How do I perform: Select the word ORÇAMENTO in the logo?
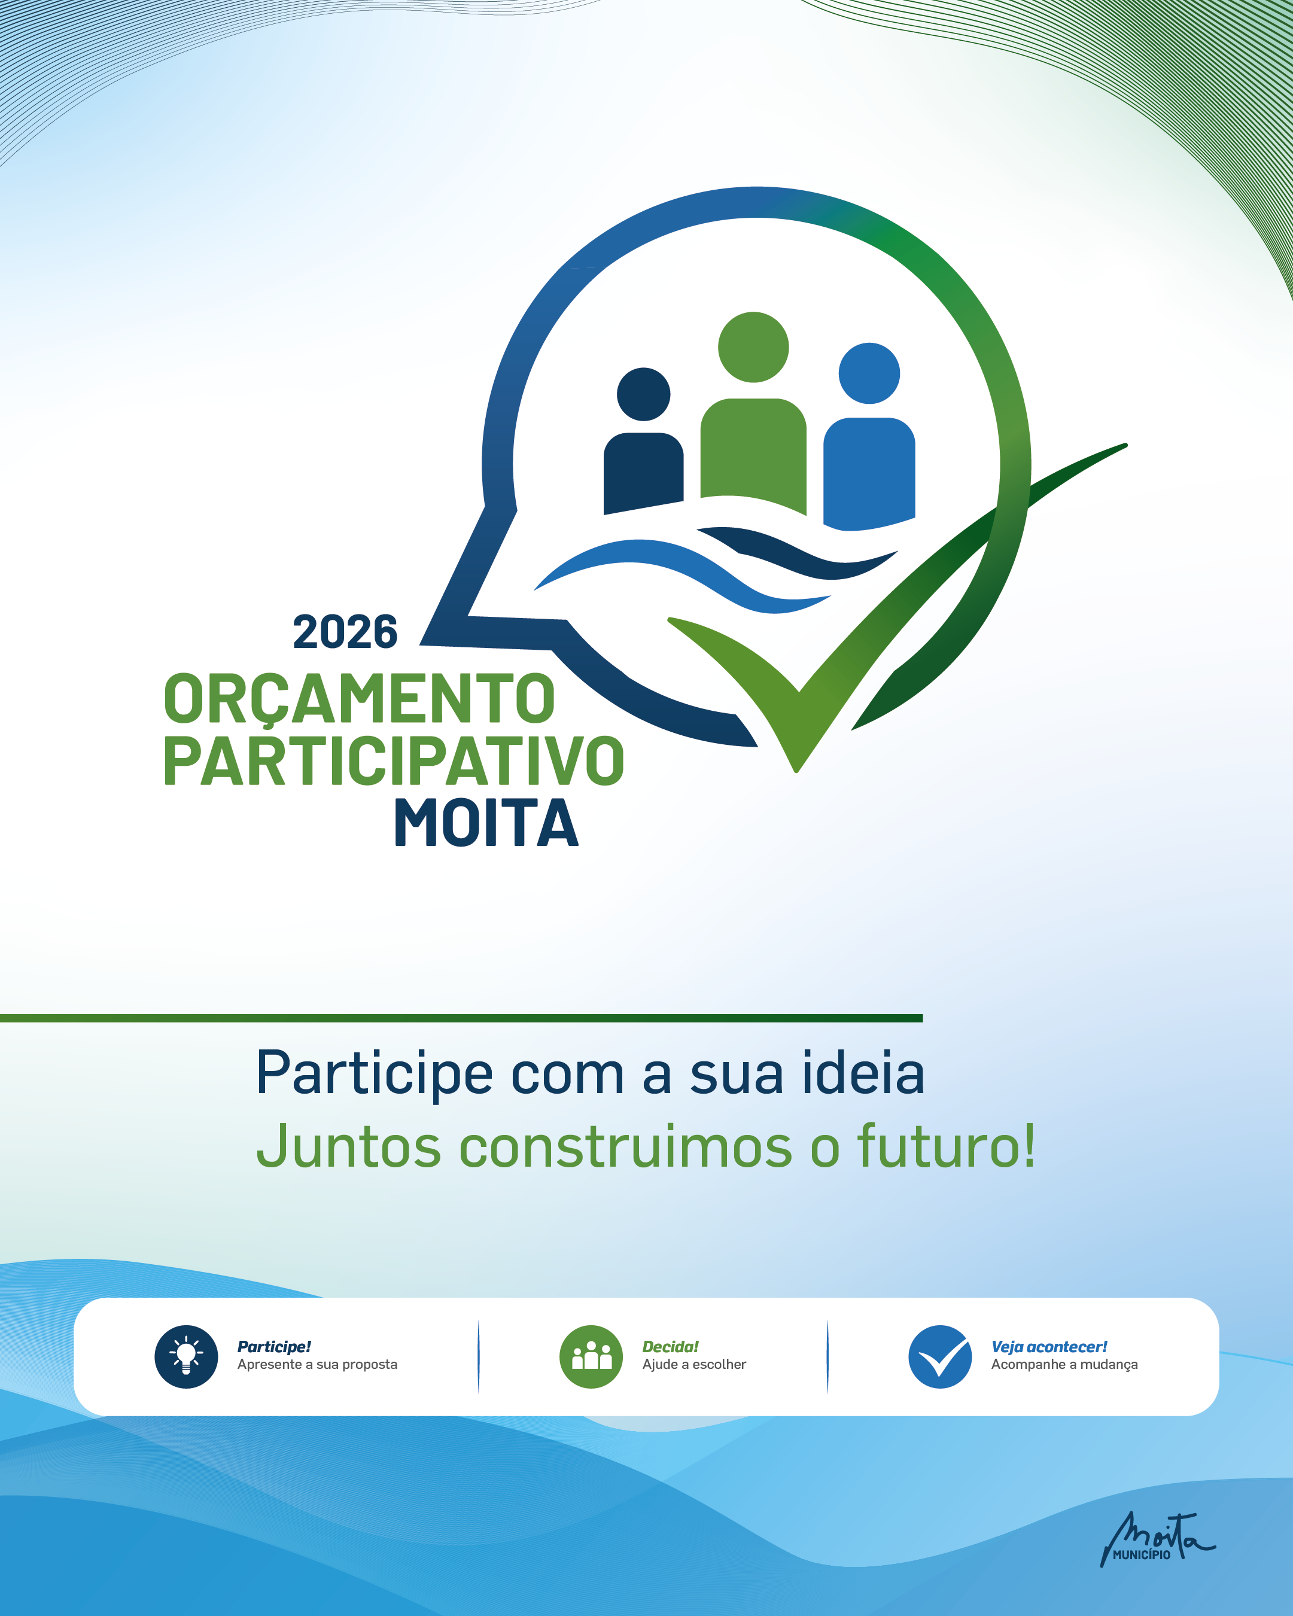click(359, 699)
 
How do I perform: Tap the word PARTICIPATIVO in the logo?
click(394, 761)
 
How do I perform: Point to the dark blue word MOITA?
click(486, 822)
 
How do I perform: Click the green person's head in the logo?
click(753, 347)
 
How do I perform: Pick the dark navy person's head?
click(643, 394)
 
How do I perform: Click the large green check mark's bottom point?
click(797, 770)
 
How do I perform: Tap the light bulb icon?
click(186, 1357)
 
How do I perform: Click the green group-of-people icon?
click(591, 1357)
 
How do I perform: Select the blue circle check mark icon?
click(940, 1357)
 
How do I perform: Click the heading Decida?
click(670, 1347)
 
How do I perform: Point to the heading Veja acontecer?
click(1049, 1347)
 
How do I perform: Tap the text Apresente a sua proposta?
click(317, 1365)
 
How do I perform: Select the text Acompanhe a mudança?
click(1064, 1365)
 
